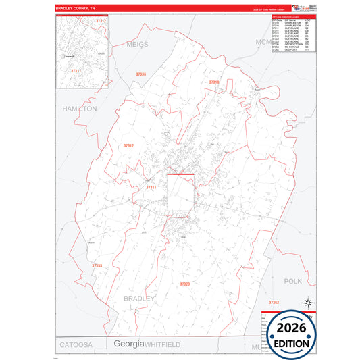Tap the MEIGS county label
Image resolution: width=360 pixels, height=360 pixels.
click(x=136, y=44)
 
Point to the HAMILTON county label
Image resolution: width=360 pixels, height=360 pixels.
click(x=79, y=108)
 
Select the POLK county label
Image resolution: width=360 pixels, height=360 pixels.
click(x=292, y=280)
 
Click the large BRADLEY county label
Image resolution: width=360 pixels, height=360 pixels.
click(x=140, y=297)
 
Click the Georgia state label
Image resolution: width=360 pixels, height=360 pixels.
click(x=128, y=344)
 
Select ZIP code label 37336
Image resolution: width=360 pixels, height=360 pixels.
click(x=140, y=74)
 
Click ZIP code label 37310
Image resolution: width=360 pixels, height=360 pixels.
click(x=214, y=82)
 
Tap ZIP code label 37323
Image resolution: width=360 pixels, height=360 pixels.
click(x=185, y=284)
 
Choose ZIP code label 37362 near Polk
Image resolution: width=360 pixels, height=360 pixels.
click(x=274, y=301)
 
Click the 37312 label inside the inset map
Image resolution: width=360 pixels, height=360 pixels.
click(x=101, y=22)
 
